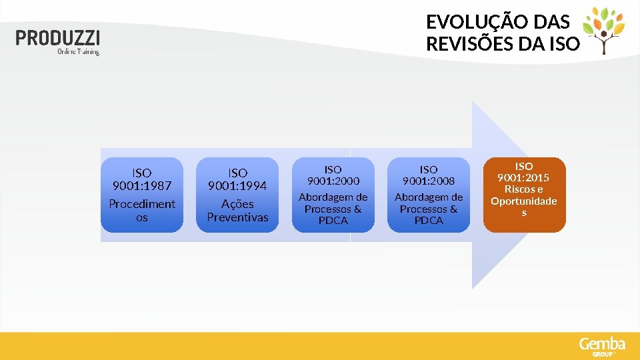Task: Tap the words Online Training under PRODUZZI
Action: pyautogui.click(x=78, y=51)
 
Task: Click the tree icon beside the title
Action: pyautogui.click(x=604, y=30)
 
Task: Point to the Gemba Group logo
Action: pyautogui.click(x=602, y=345)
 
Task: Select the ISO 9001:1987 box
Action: pyautogui.click(x=141, y=195)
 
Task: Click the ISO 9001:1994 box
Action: pyautogui.click(x=237, y=195)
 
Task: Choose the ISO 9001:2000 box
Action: pyautogui.click(x=333, y=195)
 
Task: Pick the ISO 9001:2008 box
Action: pyautogui.click(x=429, y=195)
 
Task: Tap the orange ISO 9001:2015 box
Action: pyautogui.click(x=524, y=195)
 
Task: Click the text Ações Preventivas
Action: pyautogui.click(x=237, y=211)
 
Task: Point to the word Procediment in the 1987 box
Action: pyautogui.click(x=142, y=204)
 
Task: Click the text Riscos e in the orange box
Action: pyautogui.click(x=524, y=189)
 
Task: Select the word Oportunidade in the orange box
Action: pyautogui.click(x=524, y=201)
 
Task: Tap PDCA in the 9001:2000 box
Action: pyautogui.click(x=333, y=221)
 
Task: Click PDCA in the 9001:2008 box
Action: pyautogui.click(x=429, y=221)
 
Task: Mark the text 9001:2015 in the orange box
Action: pyautogui.click(x=524, y=177)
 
